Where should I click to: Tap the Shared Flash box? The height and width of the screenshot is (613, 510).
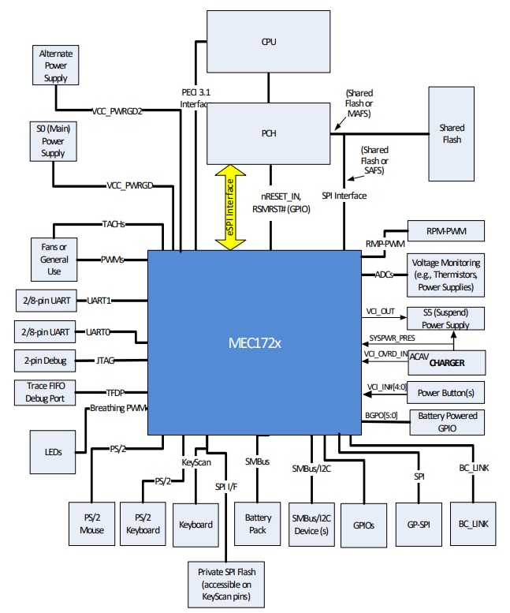click(x=452, y=133)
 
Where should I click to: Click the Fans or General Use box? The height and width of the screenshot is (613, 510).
click(x=54, y=259)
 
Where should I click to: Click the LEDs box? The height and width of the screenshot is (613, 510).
click(x=54, y=453)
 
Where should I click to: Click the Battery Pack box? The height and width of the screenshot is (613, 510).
click(x=258, y=523)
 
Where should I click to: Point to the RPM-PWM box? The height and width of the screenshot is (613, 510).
click(x=445, y=230)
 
